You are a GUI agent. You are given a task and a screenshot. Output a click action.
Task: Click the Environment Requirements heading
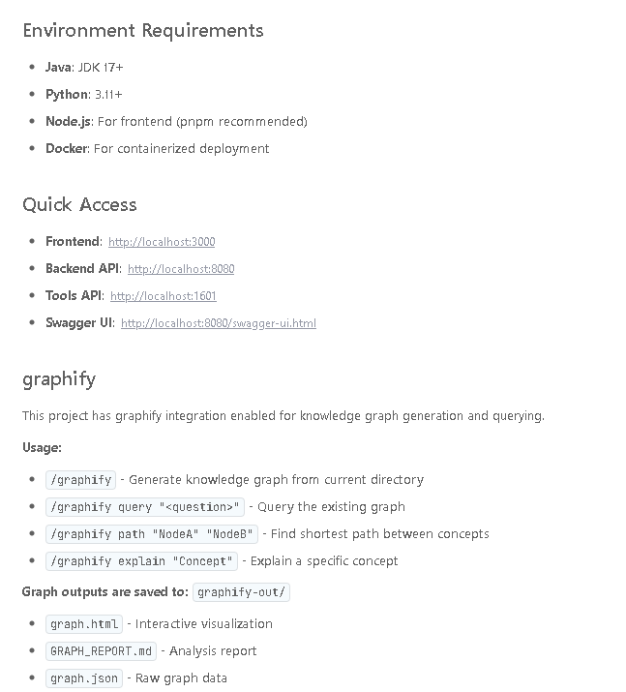143,30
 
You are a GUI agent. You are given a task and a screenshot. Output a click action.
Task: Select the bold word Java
58,67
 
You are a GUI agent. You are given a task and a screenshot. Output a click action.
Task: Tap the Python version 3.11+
108,94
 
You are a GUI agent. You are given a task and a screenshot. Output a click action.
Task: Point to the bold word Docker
67,148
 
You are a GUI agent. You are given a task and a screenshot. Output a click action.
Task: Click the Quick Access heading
79,204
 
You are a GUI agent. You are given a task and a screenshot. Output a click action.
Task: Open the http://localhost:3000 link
162,242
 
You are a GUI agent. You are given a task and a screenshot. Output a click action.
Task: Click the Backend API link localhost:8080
181,269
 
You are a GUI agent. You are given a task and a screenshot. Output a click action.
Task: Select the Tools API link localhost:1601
164,296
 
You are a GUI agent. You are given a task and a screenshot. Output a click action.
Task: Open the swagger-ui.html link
219,323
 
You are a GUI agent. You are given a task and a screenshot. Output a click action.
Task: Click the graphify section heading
59,378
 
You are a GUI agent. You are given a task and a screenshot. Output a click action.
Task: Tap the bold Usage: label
42,447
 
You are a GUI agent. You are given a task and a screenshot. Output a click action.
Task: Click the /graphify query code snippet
144,507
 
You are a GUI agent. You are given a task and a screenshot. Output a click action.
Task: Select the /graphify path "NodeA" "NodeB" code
152,534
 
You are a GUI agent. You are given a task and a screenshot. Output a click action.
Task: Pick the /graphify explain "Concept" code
141,561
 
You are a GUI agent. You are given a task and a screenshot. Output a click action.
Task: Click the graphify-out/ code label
242,592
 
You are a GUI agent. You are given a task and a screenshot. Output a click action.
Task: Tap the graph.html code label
84,624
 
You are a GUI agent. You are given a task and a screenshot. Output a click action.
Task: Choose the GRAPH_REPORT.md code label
101,651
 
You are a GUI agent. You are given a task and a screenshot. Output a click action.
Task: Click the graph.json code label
84,678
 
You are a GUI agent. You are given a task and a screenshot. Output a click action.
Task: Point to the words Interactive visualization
206,624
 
